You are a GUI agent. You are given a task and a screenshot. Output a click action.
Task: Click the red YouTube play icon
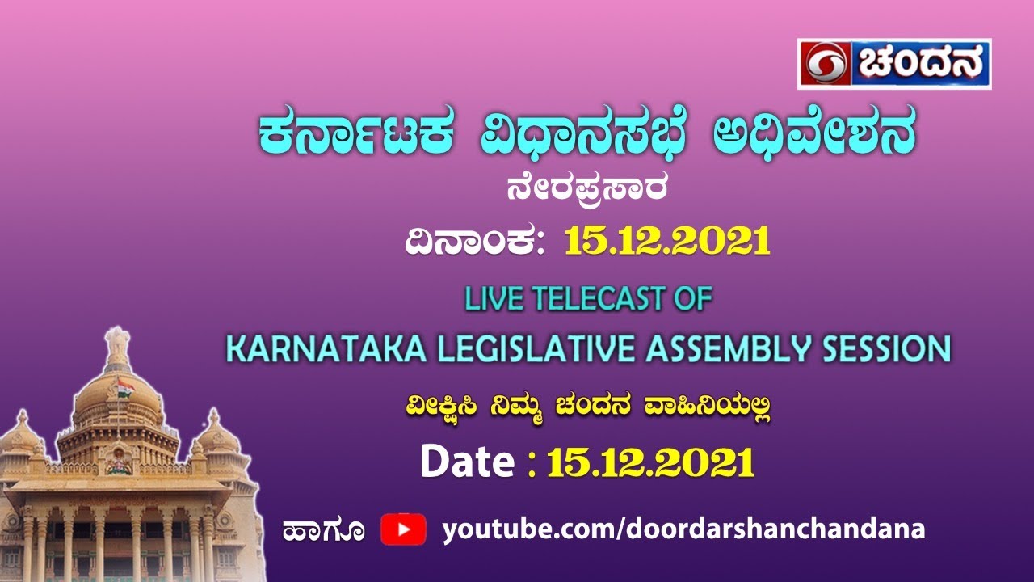403,529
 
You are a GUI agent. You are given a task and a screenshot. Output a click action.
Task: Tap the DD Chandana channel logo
894,64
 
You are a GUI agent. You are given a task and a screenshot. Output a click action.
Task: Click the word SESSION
876,349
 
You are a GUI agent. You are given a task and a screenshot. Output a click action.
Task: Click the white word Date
467,462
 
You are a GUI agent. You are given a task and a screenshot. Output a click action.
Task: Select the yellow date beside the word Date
651,463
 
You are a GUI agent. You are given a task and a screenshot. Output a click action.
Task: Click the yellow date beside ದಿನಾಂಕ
667,240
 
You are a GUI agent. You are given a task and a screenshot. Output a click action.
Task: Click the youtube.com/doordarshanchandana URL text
683,529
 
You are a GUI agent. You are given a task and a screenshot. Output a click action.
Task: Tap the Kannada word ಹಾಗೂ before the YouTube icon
323,531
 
